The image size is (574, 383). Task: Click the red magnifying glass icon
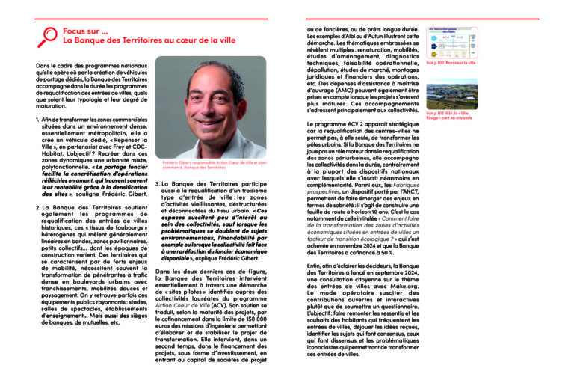click(48, 35)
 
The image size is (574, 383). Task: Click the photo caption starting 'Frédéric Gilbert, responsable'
click(203, 165)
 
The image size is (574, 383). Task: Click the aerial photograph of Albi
click(451, 93)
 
